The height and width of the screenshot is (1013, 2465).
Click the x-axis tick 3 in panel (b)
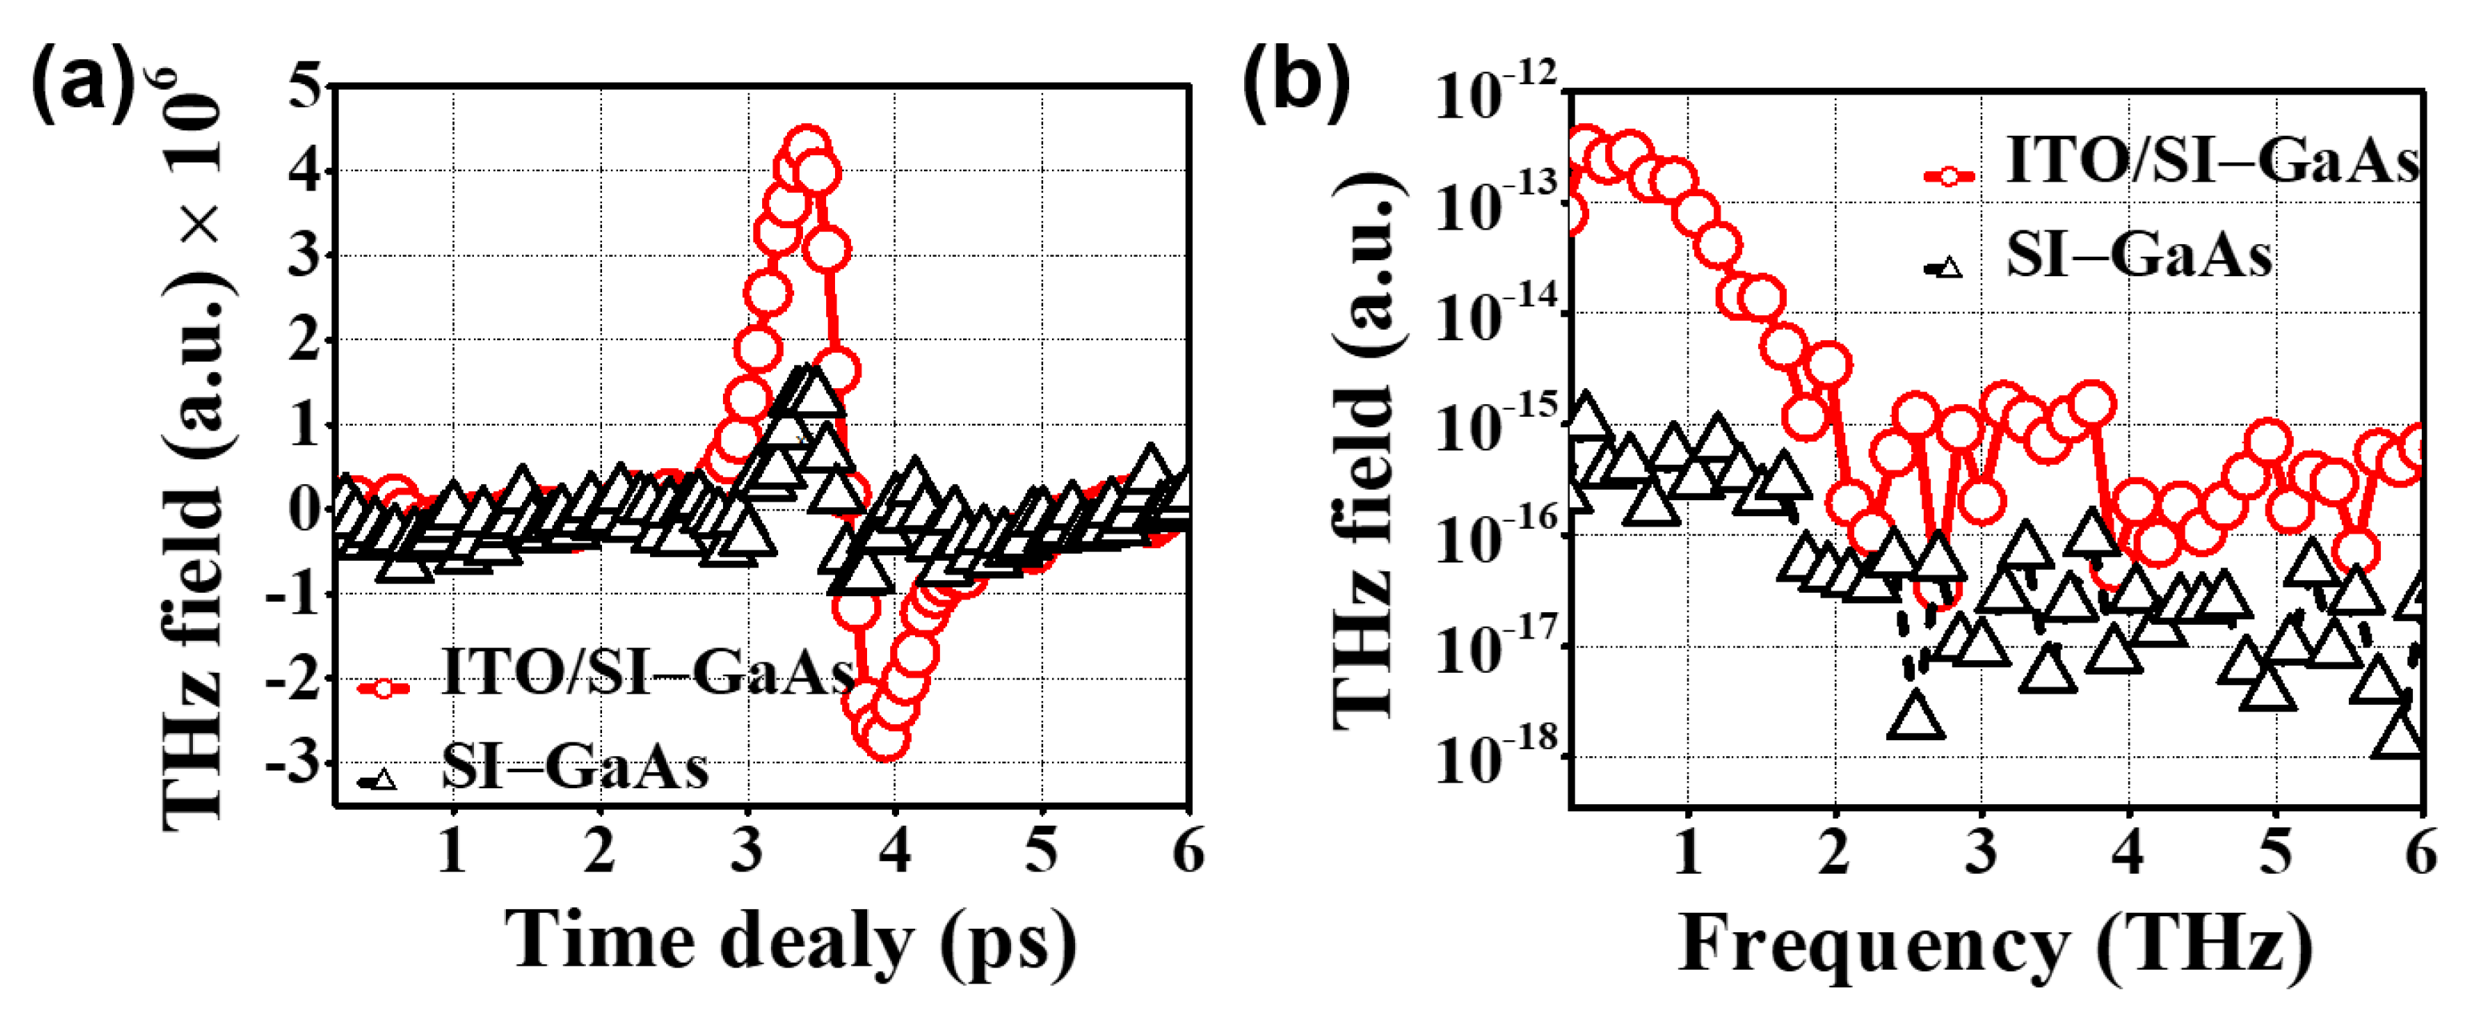coord(1981,851)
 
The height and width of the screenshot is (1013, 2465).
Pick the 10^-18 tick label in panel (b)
coord(1498,760)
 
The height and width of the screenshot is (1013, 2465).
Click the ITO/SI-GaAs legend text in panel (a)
coord(647,672)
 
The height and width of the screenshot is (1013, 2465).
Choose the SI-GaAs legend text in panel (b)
coord(2138,256)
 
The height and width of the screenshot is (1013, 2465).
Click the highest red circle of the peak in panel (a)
coord(807,147)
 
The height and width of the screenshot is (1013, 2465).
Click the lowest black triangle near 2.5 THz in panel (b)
coord(1916,719)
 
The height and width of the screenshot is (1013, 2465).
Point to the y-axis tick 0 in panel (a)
coord(306,509)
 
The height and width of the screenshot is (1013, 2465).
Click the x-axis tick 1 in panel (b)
coord(1688,851)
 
